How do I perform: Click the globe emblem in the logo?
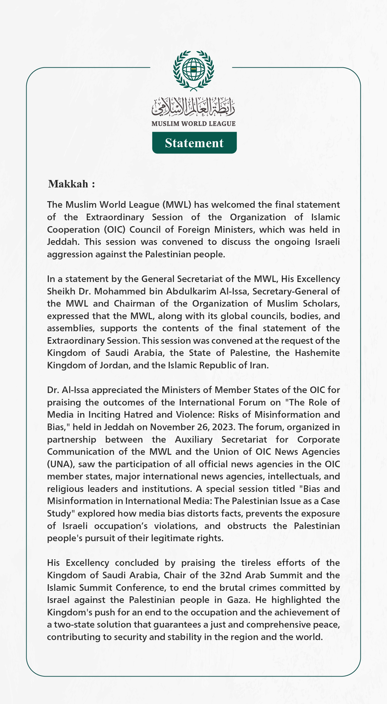click(193, 69)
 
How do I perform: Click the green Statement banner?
click(194, 143)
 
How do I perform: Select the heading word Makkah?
click(68, 184)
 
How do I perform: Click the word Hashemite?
click(317, 353)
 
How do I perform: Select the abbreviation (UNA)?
click(61, 464)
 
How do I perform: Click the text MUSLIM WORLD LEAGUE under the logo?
click(193, 124)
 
